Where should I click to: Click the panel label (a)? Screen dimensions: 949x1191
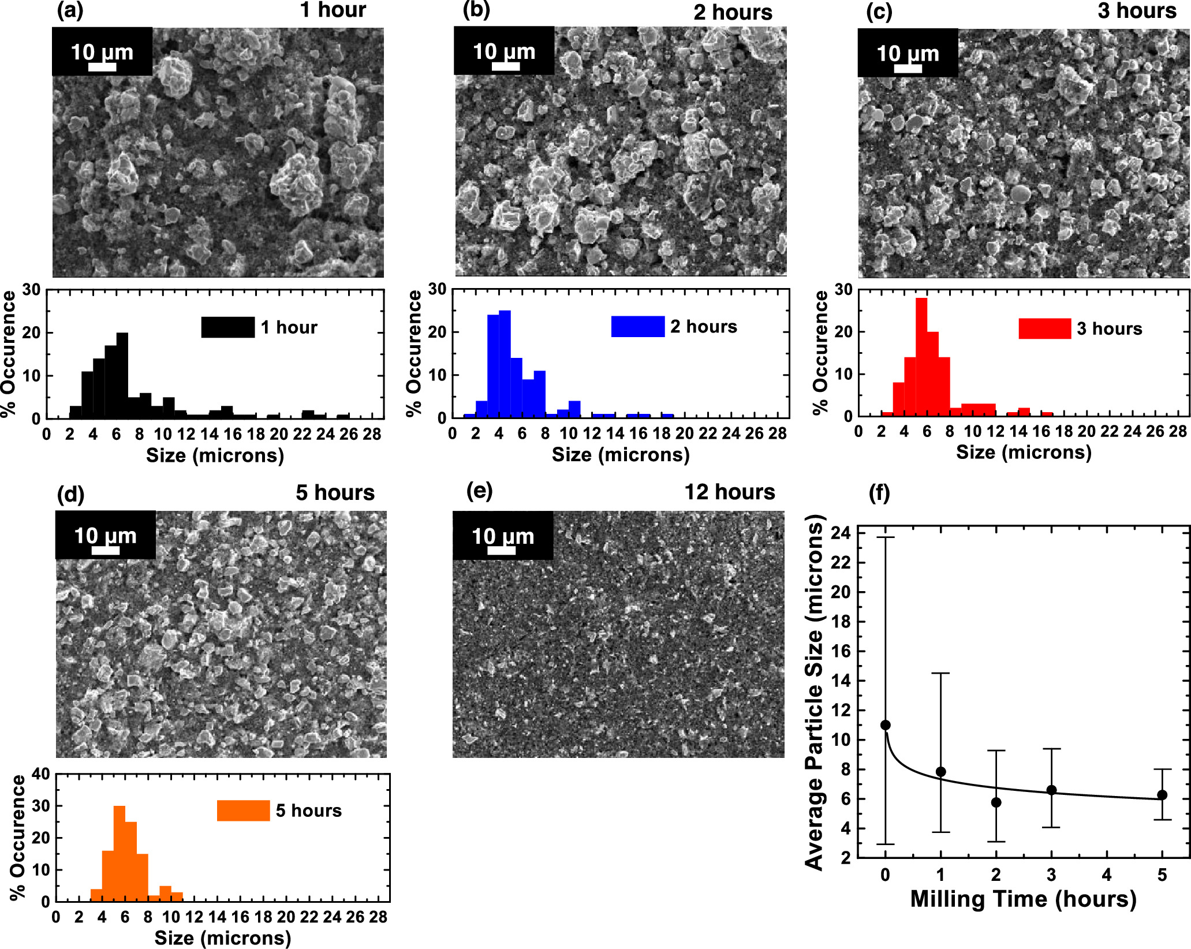click(70, 11)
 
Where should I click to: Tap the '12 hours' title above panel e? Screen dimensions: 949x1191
click(729, 492)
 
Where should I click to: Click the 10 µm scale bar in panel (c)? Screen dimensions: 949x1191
click(908, 69)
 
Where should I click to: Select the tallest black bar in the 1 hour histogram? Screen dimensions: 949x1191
click(122, 375)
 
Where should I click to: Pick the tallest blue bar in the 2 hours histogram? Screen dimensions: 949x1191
click(505, 364)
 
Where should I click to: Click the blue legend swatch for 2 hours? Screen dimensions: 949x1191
click(637, 327)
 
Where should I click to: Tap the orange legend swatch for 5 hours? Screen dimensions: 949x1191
click(243, 810)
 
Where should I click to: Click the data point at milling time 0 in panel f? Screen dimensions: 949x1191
click(885, 725)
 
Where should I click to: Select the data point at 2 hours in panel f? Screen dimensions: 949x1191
click(996, 802)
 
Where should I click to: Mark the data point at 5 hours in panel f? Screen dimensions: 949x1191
click(1162, 795)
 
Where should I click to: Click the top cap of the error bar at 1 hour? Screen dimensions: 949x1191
click(940, 673)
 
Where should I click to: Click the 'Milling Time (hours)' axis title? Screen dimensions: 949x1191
click(1023, 899)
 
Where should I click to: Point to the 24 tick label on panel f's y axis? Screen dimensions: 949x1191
click(840, 533)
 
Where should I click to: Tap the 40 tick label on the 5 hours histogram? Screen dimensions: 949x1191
click(40, 774)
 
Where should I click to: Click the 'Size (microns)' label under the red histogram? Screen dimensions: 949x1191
click(1024, 453)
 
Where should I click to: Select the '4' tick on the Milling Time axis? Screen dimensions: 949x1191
click(1107, 875)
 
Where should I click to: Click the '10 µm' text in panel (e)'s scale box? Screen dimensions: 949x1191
click(502, 536)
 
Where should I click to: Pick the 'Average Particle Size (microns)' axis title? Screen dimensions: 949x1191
click(814, 693)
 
